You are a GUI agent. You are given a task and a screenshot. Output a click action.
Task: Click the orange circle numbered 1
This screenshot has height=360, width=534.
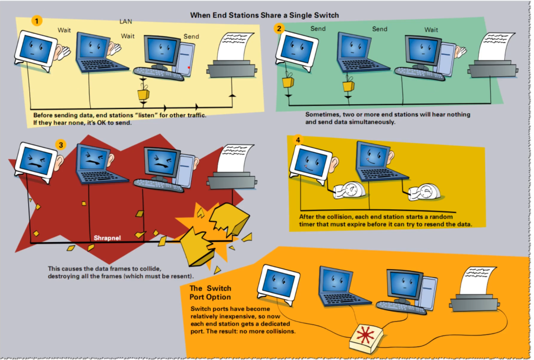tap(37, 21)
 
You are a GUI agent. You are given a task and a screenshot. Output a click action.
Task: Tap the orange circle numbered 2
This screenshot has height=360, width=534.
tap(279, 28)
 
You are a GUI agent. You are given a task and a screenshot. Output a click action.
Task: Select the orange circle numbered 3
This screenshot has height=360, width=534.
tap(60, 145)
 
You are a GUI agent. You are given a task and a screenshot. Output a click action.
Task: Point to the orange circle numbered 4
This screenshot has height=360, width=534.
tap(298, 140)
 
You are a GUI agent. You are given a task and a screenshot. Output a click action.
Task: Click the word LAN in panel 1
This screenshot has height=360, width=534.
tap(126, 21)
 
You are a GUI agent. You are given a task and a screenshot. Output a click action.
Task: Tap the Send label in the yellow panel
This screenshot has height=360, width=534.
tap(191, 37)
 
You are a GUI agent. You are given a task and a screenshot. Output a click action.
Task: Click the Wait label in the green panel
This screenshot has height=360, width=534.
tap(431, 30)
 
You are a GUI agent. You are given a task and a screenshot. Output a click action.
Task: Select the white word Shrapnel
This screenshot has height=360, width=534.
tap(107, 238)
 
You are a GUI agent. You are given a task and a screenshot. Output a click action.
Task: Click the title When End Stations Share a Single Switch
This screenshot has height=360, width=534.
tap(264, 15)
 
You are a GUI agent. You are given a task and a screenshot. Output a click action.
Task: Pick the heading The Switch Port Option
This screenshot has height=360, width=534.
tap(210, 293)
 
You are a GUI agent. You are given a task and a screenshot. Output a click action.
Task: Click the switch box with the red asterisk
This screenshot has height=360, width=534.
tap(366, 338)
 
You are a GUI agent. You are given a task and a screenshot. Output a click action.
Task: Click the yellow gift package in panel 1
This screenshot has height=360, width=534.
tap(143, 93)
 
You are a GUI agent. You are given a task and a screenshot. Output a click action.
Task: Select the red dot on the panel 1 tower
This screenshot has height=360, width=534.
tap(188, 67)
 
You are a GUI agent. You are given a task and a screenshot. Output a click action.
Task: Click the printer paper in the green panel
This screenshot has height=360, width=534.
tap(496, 46)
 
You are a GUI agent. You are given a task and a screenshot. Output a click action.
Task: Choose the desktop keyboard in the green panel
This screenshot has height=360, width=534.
tap(420, 74)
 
